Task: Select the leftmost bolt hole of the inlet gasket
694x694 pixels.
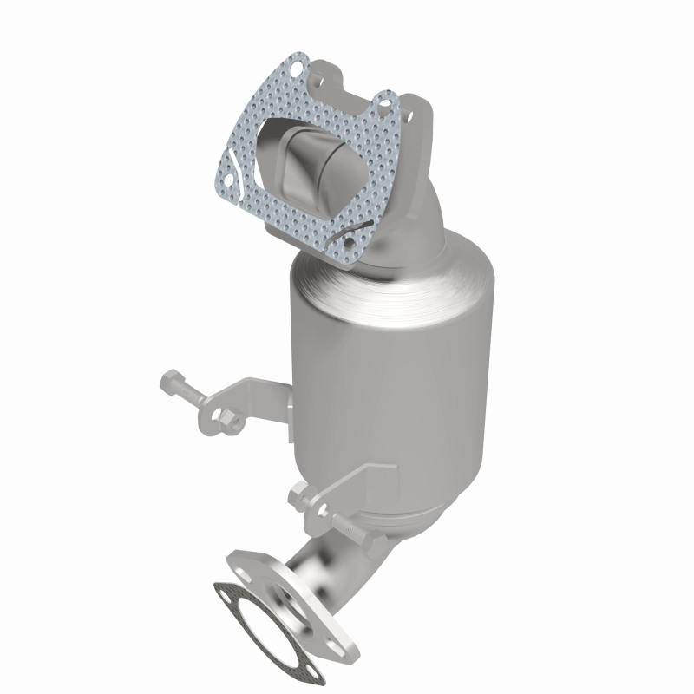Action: pyautogui.click(x=222, y=180)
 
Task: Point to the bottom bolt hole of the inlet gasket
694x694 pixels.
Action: pyautogui.click(x=349, y=256)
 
